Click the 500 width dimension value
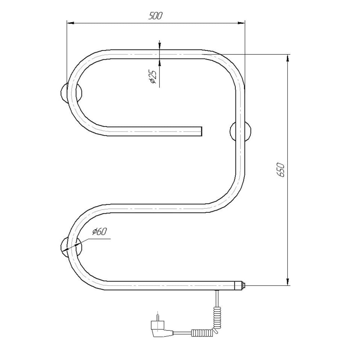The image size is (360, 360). click(156, 16)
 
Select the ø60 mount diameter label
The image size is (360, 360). click(99, 231)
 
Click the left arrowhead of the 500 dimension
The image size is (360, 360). click(71, 23)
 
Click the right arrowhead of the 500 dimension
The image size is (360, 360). click(241, 23)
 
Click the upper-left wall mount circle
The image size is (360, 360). click(71, 92)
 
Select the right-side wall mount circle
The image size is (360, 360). click(240, 131)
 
